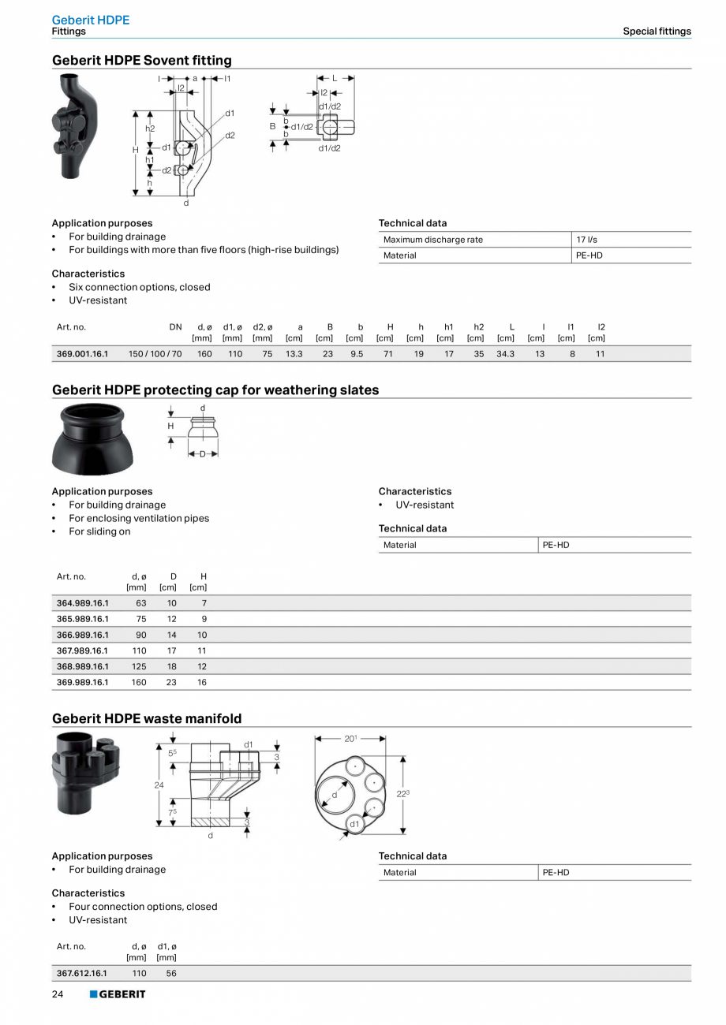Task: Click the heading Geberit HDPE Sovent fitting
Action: [142, 60]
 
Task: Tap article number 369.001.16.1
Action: [82, 354]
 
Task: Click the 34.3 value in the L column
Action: [505, 354]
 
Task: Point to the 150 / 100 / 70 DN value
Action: [155, 354]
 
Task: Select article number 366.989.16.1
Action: [82, 635]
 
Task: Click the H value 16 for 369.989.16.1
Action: [202, 682]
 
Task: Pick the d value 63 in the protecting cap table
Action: [140, 603]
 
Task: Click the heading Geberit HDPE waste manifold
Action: [147, 718]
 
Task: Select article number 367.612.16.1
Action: [82, 973]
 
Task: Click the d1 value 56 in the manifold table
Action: [171, 973]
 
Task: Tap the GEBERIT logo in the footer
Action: [118, 994]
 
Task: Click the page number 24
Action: [58, 994]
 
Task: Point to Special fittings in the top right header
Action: [657, 32]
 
